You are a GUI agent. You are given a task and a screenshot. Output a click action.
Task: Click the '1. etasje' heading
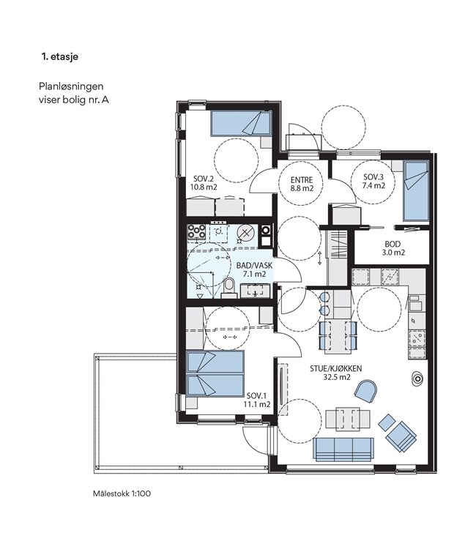point(60,56)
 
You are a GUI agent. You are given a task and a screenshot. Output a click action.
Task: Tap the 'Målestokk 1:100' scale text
point(122,493)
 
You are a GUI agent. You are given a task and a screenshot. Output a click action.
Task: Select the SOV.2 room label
point(204,182)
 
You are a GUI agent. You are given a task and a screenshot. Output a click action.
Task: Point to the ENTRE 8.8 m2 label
point(302,184)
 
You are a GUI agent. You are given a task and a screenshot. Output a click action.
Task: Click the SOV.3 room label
point(373,181)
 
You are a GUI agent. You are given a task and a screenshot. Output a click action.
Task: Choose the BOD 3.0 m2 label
point(393,248)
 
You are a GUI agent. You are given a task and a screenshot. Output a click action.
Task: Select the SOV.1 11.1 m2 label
point(257,400)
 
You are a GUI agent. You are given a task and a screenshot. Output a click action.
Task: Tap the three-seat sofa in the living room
point(343,449)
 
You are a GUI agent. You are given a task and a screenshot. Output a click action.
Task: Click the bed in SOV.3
point(416,191)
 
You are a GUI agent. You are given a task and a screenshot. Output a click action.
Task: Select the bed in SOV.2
point(241,123)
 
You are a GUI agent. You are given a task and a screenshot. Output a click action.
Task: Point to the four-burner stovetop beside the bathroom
point(196,231)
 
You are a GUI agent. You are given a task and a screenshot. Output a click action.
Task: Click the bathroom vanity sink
point(255,291)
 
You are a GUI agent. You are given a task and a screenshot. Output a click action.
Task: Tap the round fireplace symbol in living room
point(417,379)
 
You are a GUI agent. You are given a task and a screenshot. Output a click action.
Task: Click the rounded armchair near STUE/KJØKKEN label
point(366,390)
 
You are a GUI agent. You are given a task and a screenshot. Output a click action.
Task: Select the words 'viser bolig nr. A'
point(74,100)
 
